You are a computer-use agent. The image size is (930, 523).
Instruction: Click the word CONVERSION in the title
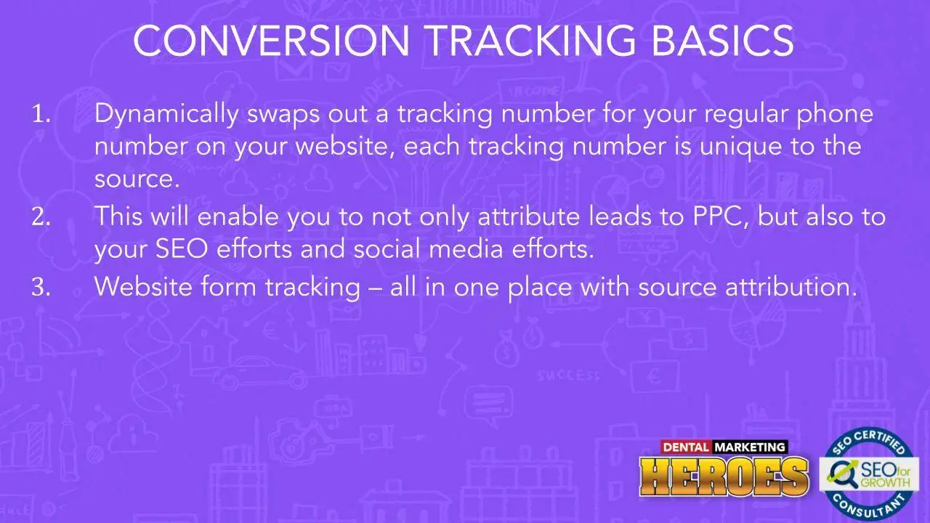(272, 40)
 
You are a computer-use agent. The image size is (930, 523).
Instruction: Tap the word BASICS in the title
(723, 40)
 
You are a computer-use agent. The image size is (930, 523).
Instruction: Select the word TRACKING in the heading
(531, 40)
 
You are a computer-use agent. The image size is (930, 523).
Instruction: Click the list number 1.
(41, 113)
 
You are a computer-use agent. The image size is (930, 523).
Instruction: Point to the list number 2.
(41, 216)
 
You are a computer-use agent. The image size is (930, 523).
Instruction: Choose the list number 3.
(41, 286)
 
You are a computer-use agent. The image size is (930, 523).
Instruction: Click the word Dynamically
(166, 115)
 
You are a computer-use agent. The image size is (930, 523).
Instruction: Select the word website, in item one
(345, 146)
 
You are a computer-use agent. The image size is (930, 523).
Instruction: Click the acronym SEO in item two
(182, 248)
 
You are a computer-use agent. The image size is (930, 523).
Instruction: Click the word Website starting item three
(143, 286)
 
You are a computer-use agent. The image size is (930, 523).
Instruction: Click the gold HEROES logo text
(724, 477)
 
